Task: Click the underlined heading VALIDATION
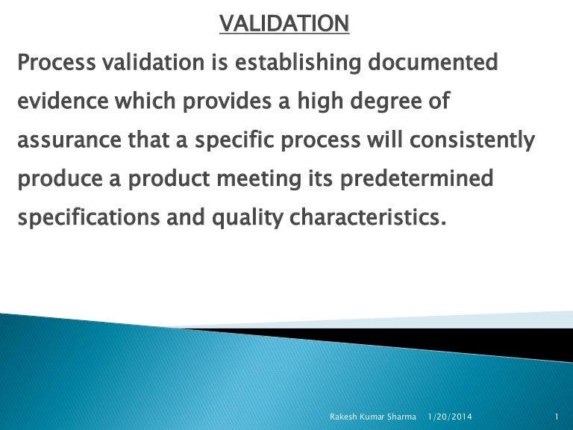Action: click(284, 25)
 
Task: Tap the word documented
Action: click(435, 64)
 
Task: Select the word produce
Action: click(57, 180)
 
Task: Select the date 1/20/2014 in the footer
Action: click(451, 415)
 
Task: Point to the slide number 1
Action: click(557, 415)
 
